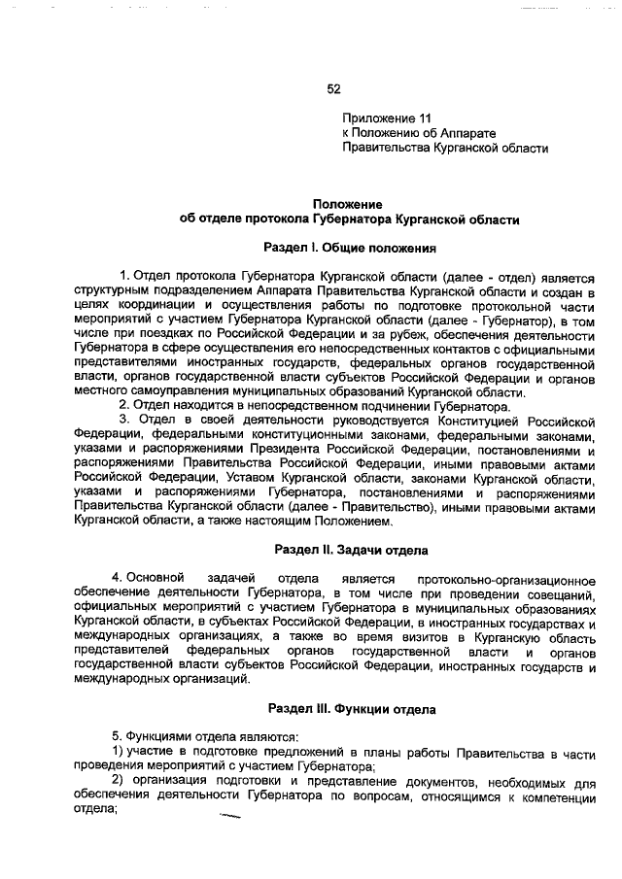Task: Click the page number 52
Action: click(333, 88)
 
